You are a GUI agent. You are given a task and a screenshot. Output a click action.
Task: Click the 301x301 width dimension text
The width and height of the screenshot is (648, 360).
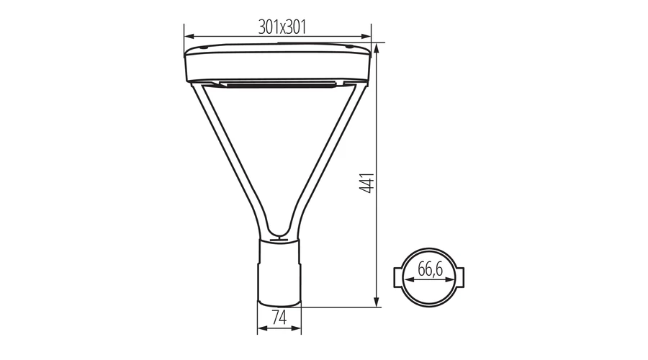pyautogui.click(x=282, y=27)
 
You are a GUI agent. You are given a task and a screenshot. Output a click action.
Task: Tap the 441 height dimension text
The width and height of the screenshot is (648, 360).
pyautogui.click(x=366, y=183)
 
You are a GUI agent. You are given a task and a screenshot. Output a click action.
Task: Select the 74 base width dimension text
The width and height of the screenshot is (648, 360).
pyautogui.click(x=279, y=318)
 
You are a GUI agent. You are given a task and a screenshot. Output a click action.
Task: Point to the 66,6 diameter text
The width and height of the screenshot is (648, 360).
pyautogui.click(x=431, y=269)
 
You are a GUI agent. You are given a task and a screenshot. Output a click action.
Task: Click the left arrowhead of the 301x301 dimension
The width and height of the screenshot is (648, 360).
pyautogui.click(x=189, y=37)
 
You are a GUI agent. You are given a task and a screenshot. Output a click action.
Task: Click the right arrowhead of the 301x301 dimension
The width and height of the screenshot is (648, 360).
pyautogui.click(x=366, y=37)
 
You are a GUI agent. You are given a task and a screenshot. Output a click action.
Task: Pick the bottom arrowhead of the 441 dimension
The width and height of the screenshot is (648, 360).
pyautogui.click(x=377, y=302)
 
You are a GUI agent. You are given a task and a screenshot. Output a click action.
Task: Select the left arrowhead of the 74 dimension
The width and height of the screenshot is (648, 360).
pyautogui.click(x=262, y=328)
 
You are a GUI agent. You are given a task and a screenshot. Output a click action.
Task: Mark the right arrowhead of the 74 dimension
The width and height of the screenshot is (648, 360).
pyautogui.click(x=297, y=328)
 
